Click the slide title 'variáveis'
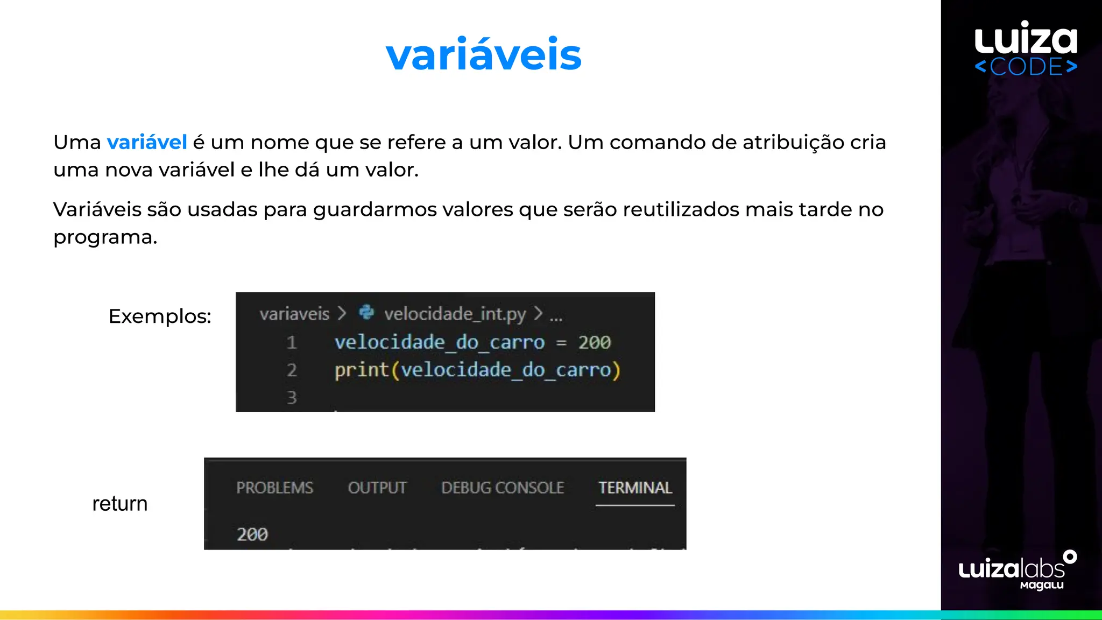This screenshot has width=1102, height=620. [483, 55]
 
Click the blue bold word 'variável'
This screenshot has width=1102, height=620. [147, 143]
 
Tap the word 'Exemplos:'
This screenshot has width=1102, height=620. [160, 316]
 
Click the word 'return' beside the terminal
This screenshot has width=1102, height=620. [119, 504]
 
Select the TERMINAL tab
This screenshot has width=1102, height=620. [635, 488]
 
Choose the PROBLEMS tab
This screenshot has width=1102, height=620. [274, 488]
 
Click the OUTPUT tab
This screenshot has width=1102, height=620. [377, 488]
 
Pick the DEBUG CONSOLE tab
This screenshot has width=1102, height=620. [503, 488]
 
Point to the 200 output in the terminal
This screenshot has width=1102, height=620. [252, 534]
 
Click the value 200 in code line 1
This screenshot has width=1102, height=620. [595, 342]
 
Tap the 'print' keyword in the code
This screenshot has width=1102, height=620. [361, 370]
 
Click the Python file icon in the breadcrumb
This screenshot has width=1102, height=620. [366, 313]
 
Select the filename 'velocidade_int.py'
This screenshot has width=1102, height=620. [455, 314]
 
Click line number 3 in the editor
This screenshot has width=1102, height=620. [292, 398]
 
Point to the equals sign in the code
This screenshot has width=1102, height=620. [561, 343]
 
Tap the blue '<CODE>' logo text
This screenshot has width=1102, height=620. [1026, 67]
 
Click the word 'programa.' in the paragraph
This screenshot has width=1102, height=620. [105, 237]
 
